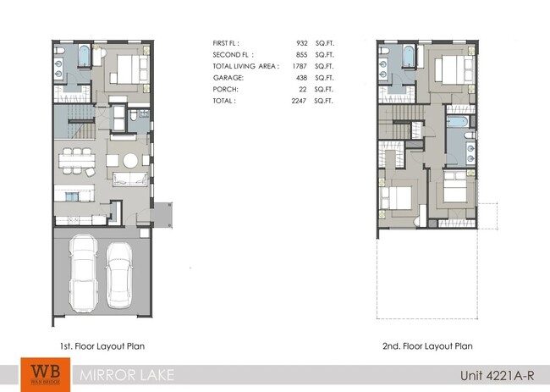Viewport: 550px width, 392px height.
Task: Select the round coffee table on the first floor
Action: tap(129, 160)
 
